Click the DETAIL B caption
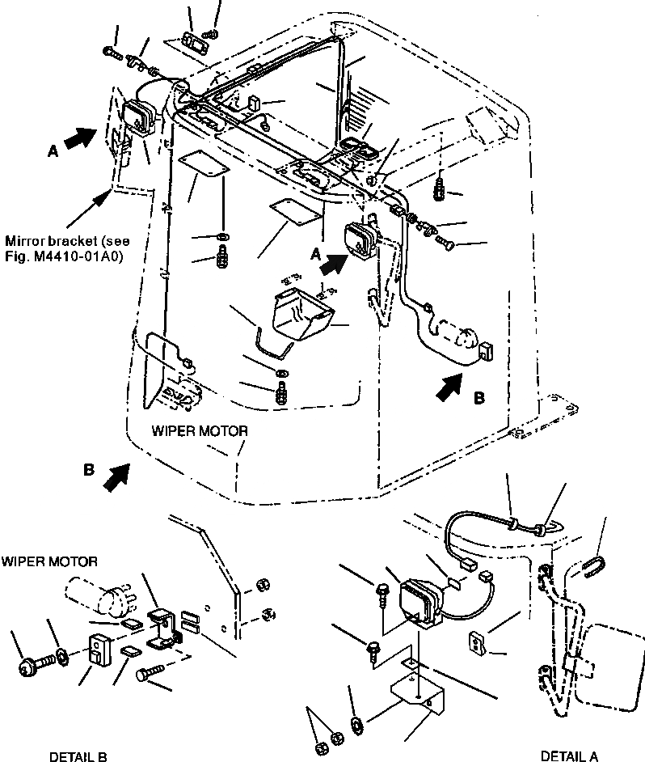(x=78, y=756)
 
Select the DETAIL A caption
(x=569, y=756)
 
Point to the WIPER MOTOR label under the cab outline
(x=200, y=431)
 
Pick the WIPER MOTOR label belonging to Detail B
(x=49, y=561)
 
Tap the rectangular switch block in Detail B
(x=99, y=649)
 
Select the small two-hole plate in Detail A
(x=478, y=644)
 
